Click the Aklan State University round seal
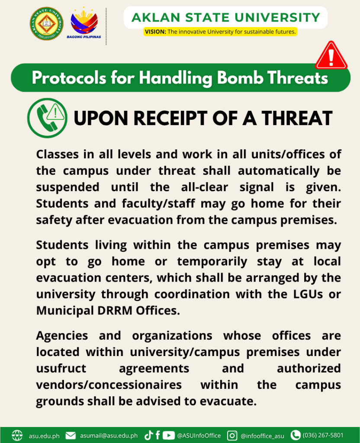[x=46, y=23]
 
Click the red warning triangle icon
[x=331, y=56]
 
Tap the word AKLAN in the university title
[x=154, y=18]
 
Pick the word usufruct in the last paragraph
[x=61, y=369]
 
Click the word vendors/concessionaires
[x=109, y=385]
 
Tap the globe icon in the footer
[x=17, y=435]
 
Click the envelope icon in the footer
[x=71, y=435]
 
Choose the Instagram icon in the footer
[x=232, y=435]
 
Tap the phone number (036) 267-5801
[x=323, y=435]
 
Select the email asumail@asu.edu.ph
[x=109, y=435]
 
